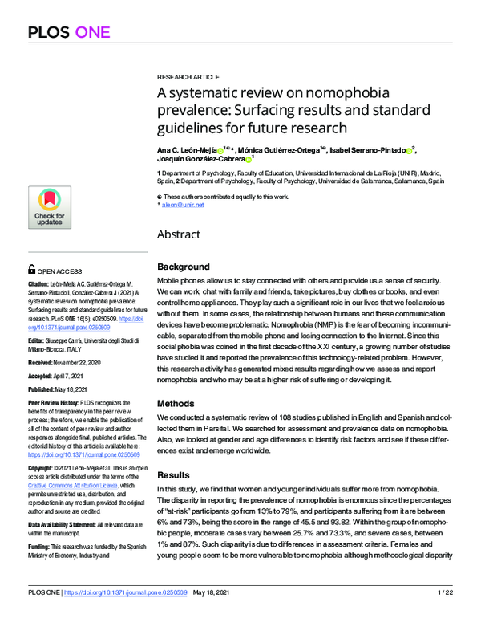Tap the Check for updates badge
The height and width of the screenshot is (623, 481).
click(x=50, y=209)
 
